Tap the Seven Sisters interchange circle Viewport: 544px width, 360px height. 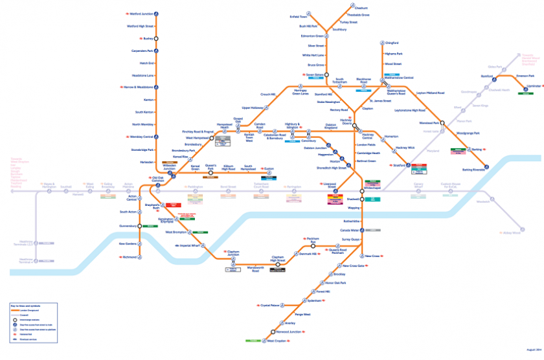(327, 75)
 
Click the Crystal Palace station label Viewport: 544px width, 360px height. (270, 304)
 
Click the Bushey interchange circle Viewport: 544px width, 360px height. (155, 38)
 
